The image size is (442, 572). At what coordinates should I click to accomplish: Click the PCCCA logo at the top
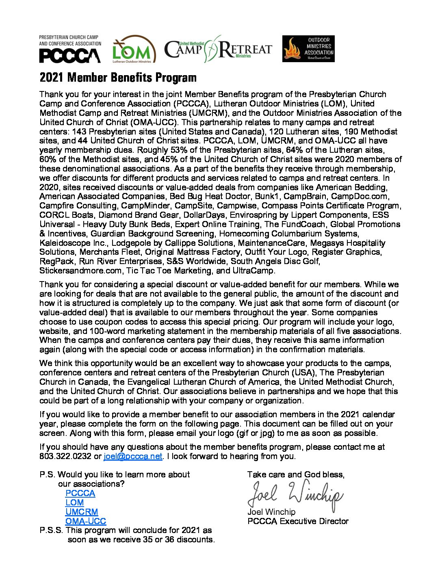70,49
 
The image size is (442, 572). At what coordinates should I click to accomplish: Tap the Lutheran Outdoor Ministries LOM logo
134,50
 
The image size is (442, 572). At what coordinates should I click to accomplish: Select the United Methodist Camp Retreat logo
218,49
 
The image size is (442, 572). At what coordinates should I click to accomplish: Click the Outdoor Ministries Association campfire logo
308,49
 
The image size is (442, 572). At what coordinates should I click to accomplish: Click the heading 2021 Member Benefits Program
118,78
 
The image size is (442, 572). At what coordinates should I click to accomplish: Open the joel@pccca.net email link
133,456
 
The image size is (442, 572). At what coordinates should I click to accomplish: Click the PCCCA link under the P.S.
80,493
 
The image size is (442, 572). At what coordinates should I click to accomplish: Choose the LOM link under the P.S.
74,503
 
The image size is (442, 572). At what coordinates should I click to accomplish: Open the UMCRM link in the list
82,512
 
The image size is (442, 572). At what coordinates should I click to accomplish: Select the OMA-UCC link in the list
86,521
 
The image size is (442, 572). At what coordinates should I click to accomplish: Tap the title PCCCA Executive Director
298,521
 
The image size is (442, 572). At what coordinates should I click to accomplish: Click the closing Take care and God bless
296,474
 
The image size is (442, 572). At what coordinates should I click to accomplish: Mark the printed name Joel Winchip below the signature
271,512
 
